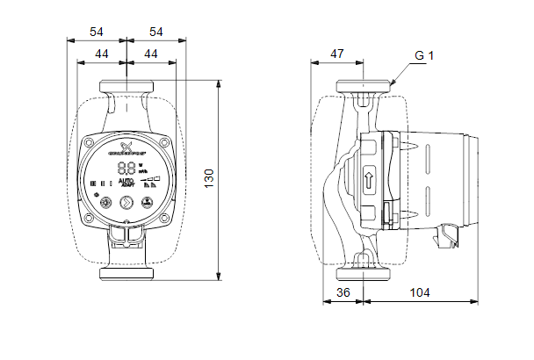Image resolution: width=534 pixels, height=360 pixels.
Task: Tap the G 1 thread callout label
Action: (424, 55)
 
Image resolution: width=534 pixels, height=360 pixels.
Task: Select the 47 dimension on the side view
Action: (337, 54)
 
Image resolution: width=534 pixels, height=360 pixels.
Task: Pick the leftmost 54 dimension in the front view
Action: (97, 32)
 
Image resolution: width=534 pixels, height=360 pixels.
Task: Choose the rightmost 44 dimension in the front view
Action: (151, 54)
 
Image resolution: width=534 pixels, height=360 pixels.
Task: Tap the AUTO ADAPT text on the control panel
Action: (126, 183)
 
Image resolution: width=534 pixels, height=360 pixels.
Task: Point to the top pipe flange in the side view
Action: (364, 88)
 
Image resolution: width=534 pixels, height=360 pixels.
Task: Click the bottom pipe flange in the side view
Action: (364, 269)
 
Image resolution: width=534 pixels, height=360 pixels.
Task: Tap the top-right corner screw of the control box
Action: (163, 141)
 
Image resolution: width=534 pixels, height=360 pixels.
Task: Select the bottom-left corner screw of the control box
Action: (90, 216)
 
